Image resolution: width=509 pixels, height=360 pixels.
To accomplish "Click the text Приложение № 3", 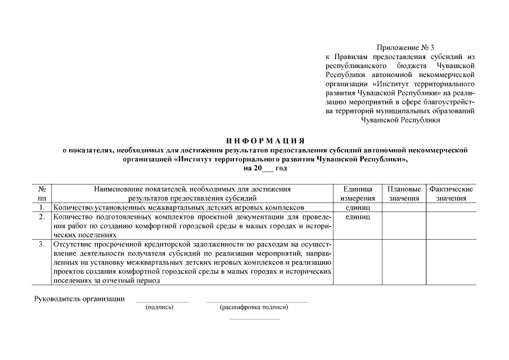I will [404, 48].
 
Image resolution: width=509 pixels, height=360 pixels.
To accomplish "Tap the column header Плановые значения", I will [404, 193].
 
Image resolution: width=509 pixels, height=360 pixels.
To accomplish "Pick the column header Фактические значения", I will [451, 193].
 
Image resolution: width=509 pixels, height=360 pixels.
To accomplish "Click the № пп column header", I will [42, 193].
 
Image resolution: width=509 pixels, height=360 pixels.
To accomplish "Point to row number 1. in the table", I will [42, 208].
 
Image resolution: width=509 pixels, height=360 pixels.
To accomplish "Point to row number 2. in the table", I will [42, 217].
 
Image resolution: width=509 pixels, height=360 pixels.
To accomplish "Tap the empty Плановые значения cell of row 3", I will [404, 262].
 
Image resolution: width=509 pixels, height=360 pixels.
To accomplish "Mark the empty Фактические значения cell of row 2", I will [451, 225].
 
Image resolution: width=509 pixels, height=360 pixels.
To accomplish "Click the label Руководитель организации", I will [80, 299].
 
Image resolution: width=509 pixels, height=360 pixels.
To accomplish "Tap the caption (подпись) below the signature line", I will [159, 308].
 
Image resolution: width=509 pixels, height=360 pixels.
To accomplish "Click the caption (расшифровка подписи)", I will [254, 308].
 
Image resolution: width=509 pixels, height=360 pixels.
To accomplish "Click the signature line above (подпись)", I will [163, 303].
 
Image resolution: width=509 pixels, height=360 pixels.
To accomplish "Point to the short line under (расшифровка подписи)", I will [254, 319].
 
